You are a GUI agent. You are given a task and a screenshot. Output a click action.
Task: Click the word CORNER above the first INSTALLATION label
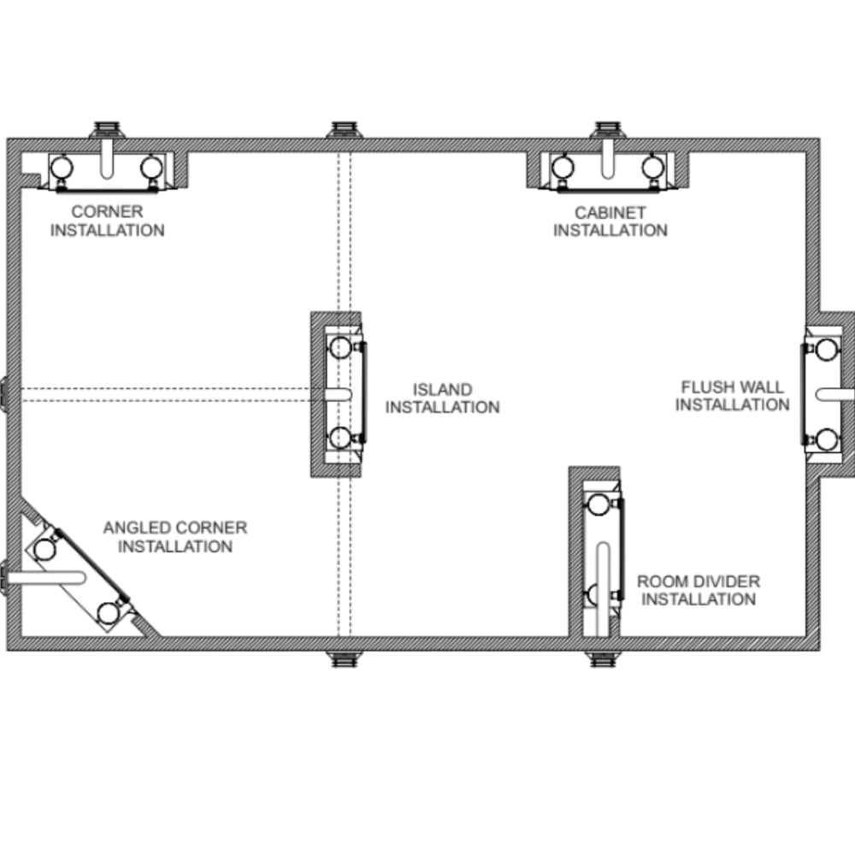(x=108, y=211)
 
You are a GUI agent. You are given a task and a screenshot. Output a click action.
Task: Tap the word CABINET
(x=610, y=213)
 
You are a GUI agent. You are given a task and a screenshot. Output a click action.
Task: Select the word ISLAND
(x=442, y=389)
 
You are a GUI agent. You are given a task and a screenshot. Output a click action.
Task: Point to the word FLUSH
(x=708, y=387)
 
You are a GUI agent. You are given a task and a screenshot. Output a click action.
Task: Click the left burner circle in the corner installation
(x=62, y=167)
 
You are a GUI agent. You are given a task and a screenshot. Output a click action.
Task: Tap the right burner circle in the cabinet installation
(x=652, y=167)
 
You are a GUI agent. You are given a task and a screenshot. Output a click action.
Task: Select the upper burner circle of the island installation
(x=341, y=347)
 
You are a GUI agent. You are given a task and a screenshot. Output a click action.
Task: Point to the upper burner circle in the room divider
(x=598, y=505)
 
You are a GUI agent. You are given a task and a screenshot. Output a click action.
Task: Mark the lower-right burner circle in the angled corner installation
(x=108, y=613)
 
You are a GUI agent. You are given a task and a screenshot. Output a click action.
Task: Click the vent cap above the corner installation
(x=108, y=130)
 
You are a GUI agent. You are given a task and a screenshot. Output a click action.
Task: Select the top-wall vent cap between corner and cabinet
(x=345, y=130)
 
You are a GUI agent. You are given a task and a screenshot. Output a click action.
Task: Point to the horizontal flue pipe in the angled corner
(x=46, y=578)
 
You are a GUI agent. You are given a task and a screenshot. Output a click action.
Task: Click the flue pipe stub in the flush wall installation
(x=834, y=394)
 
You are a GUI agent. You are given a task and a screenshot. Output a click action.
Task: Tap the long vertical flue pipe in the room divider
(x=603, y=589)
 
